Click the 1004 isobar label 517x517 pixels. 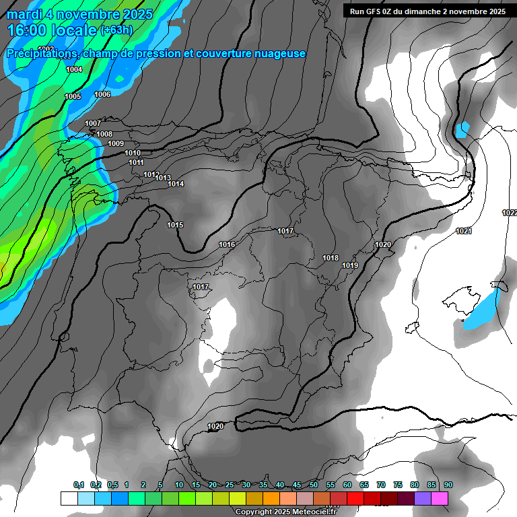click(74, 70)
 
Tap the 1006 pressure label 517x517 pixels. click(102, 95)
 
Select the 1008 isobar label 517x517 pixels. click(104, 135)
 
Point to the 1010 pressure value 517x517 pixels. click(133, 153)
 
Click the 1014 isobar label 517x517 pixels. click(176, 184)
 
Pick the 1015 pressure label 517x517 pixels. click(175, 225)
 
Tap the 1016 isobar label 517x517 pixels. click(227, 245)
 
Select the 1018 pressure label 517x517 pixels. click(331, 258)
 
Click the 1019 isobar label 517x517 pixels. click(350, 266)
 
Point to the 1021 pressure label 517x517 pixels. click(463, 232)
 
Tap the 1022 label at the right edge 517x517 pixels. click(510, 213)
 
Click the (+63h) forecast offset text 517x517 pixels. click(116, 30)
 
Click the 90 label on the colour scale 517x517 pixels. click(448, 485)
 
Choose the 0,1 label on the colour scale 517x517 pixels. click(79, 485)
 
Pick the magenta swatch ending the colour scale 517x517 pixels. click(440, 498)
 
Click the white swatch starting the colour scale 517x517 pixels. click(69, 498)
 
